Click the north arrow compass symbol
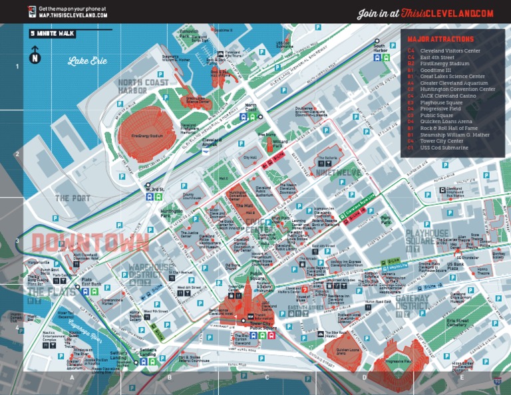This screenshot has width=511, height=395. pyautogui.click(x=35, y=56)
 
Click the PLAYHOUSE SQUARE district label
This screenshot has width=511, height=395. pyautogui.click(x=428, y=237)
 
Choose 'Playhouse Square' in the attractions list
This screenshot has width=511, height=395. pyautogui.click(x=445, y=102)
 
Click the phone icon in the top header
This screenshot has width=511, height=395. pyautogui.click(x=31, y=12)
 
